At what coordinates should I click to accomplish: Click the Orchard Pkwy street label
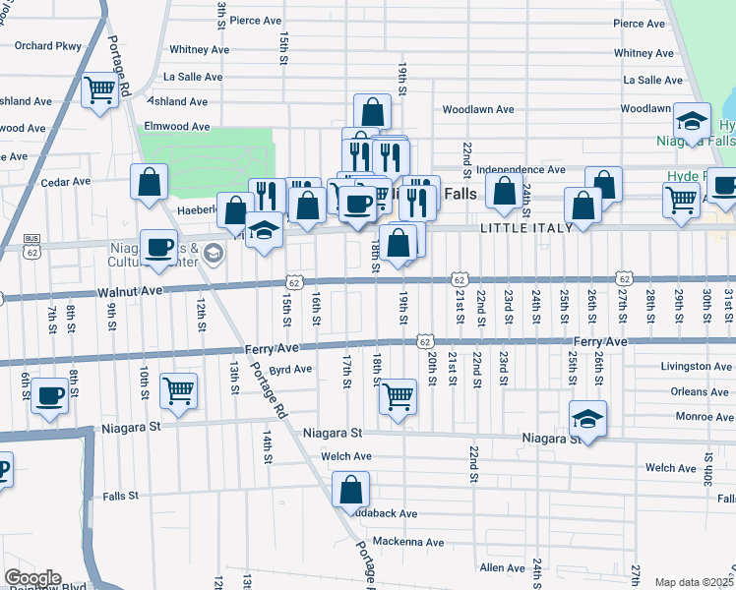(x=46, y=45)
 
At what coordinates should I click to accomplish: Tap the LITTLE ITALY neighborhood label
(x=521, y=228)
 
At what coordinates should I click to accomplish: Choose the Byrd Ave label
(x=290, y=370)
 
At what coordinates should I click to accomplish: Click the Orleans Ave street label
(x=701, y=391)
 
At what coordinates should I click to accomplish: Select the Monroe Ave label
(x=701, y=417)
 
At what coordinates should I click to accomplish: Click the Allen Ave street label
(x=502, y=567)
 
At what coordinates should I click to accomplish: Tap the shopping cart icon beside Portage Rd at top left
(x=100, y=90)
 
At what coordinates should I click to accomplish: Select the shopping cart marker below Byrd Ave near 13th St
(x=178, y=391)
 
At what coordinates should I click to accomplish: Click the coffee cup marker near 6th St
(x=49, y=397)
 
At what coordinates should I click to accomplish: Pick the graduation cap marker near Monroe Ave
(x=587, y=418)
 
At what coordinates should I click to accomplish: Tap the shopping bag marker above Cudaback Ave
(x=351, y=489)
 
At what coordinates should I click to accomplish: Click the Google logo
(x=32, y=578)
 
